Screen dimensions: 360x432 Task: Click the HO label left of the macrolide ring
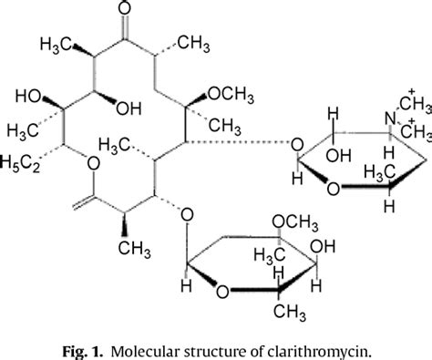26,96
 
